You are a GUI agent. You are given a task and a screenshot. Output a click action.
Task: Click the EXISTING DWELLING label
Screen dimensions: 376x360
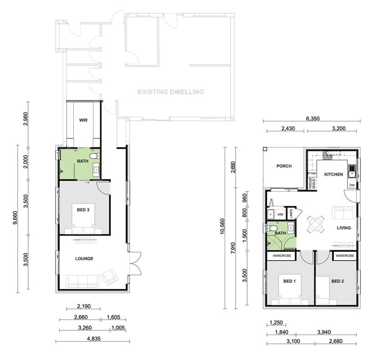[x=171, y=92]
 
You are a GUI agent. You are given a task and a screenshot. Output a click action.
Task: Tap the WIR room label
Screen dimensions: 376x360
[x=83, y=120]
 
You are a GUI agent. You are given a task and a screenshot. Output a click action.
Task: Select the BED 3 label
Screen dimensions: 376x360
[x=83, y=210]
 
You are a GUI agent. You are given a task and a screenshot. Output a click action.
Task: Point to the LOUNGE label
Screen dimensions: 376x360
[x=84, y=258]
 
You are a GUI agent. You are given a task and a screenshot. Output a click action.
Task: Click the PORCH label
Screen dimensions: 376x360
[x=284, y=166]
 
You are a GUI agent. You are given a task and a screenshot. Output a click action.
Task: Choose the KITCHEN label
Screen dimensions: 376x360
[x=334, y=175]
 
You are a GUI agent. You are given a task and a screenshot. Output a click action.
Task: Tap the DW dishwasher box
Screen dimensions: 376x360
[x=352, y=185]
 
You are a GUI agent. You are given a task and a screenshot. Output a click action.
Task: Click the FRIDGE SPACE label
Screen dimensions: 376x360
[x=312, y=184]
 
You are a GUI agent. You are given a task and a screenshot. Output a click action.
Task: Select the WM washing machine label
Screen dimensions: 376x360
[x=280, y=215]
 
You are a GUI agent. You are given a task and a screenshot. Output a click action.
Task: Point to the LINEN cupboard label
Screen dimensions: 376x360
[x=291, y=213]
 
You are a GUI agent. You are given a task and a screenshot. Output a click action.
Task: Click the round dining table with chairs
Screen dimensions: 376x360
[x=315, y=224]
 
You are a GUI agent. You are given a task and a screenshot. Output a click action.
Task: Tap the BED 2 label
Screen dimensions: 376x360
[x=337, y=281]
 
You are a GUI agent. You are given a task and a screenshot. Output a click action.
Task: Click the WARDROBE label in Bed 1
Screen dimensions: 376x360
[x=282, y=256]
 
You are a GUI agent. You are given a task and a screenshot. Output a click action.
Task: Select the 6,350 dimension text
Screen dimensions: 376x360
[x=313, y=119]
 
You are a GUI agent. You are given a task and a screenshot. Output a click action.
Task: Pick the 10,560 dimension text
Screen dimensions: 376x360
[x=222, y=226]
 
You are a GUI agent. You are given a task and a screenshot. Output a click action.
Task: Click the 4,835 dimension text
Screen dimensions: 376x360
[x=94, y=339]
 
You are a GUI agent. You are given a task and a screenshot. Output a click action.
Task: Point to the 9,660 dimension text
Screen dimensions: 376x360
[x=15, y=218]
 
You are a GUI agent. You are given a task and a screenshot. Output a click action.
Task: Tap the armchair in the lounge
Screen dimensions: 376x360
[x=110, y=277]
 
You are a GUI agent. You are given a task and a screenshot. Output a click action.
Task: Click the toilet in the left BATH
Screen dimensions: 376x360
[x=96, y=156]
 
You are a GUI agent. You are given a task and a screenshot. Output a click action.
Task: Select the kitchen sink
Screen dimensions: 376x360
[x=352, y=171]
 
